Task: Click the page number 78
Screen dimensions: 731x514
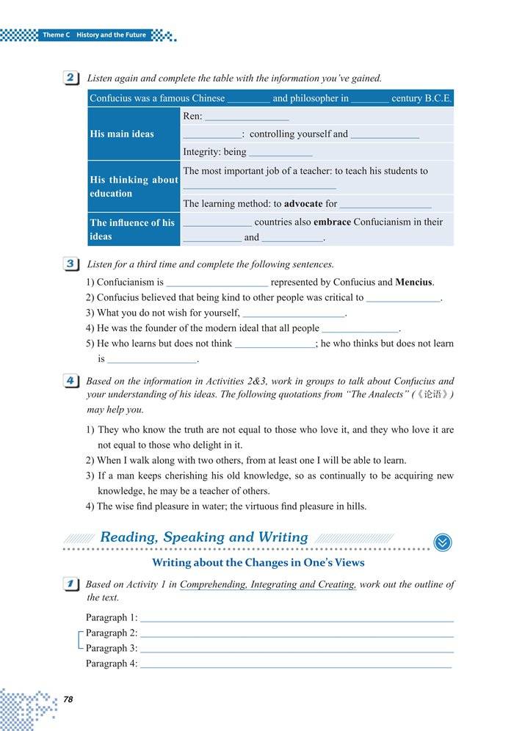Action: coord(68,699)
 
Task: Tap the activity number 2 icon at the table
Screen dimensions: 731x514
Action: coord(72,78)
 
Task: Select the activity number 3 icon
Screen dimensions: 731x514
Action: coord(72,264)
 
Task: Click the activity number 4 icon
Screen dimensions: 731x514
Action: coord(72,382)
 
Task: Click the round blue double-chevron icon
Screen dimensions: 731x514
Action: coord(443,542)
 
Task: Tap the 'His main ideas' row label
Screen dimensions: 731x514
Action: coord(122,134)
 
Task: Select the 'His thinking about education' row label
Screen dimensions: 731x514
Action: coord(134,186)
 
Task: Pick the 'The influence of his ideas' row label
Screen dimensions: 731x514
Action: coord(132,229)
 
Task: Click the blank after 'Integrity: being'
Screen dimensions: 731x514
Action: coord(280,153)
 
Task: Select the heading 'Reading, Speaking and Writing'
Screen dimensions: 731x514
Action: coord(204,537)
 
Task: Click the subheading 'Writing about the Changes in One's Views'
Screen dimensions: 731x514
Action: coord(258,563)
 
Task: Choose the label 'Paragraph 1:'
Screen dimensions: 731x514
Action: coord(112,618)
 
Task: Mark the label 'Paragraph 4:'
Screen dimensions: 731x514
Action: coord(112,663)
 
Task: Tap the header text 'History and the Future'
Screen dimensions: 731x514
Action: coord(112,35)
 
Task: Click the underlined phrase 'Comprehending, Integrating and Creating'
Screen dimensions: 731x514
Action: coord(268,585)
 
